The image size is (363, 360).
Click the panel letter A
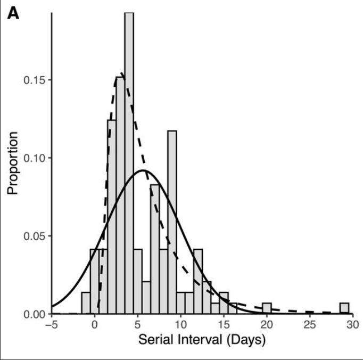13,14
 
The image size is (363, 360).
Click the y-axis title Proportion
13,163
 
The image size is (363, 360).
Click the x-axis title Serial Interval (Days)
202,340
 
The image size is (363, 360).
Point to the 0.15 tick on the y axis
35,80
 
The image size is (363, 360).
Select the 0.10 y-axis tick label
35,158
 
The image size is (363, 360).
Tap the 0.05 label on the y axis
35,236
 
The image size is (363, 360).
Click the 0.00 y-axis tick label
35,314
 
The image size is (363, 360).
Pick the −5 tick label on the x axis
52,325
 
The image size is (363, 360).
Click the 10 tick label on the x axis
180,325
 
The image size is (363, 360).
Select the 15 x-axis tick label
224,325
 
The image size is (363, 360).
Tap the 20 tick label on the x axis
267,325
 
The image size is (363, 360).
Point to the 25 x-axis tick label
310,325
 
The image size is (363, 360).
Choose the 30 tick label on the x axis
353,325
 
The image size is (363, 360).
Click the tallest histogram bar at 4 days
129,163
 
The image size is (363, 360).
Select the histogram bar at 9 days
172,223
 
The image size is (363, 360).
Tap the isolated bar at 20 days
267,308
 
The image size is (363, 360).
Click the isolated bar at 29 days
344,308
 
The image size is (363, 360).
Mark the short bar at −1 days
86,303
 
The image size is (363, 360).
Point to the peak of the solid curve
143,170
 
